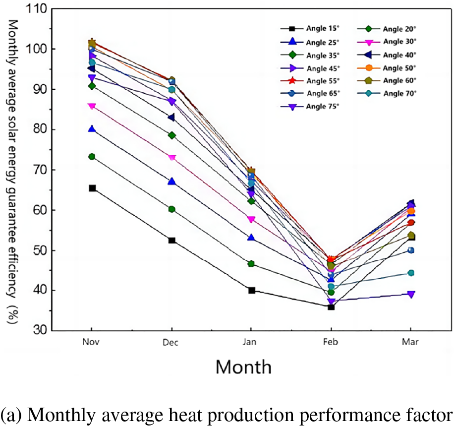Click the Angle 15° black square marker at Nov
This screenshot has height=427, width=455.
92,188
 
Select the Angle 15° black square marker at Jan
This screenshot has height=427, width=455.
251,290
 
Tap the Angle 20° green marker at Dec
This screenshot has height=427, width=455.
171,209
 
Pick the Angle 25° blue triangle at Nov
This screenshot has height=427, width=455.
92,129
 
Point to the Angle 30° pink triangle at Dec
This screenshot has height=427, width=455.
171,158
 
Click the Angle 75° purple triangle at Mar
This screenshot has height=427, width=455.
410,294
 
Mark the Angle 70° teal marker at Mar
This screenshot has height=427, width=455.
410,273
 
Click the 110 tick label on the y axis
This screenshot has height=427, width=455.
38,9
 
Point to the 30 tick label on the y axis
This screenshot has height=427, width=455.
41,330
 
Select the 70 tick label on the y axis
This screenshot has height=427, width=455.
41,170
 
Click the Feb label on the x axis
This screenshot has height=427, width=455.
331,343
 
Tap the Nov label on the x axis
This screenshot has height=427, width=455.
92,342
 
